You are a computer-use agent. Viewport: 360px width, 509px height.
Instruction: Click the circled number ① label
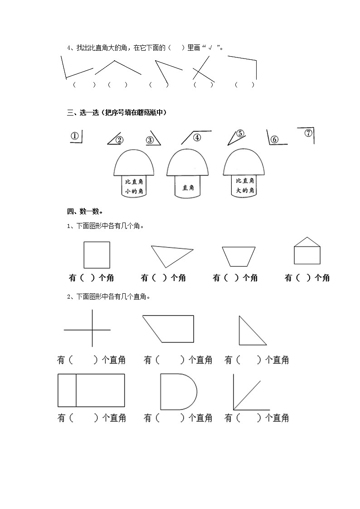point(75,136)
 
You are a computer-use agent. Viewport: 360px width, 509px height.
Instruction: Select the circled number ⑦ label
point(308,133)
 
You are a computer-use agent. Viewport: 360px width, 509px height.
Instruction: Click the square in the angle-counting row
point(97,255)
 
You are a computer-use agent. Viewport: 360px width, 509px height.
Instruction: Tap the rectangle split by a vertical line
point(91,390)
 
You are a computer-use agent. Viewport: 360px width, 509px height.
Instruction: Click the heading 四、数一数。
point(84,211)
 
